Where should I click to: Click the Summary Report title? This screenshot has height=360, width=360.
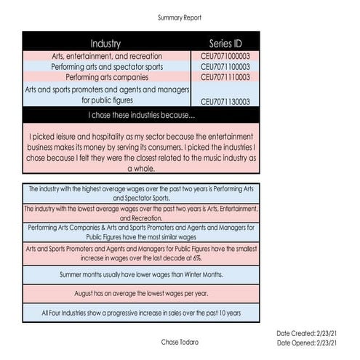pos(180,17)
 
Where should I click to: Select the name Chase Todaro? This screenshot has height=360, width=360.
pos(180,341)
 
